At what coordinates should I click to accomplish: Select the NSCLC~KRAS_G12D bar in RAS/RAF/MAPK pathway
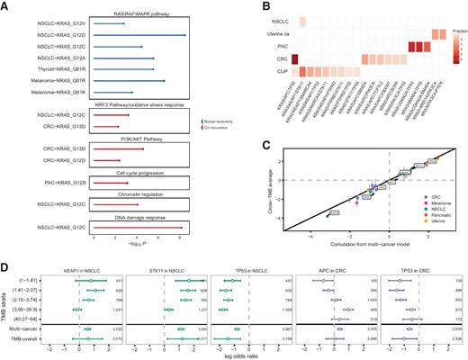tap(139, 35)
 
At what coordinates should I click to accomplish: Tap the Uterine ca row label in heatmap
tap(263, 33)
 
